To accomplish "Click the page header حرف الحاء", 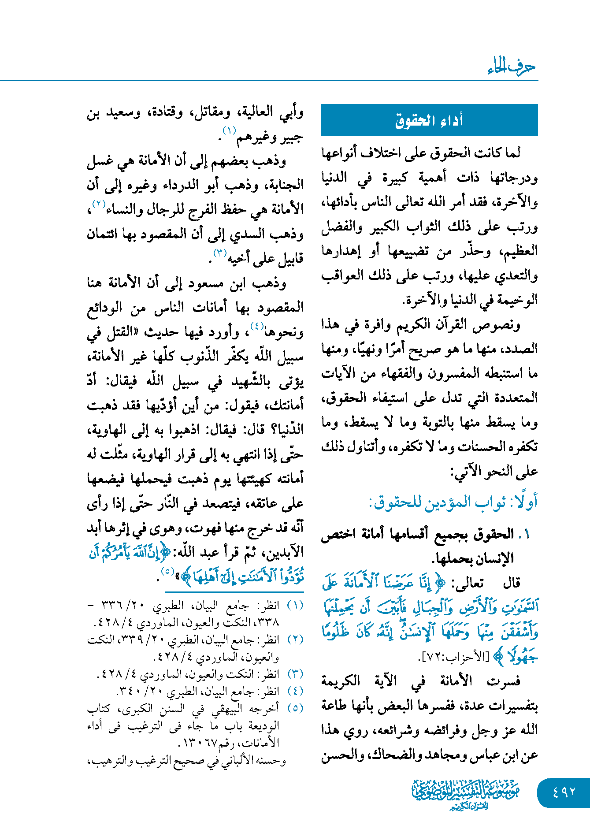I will pyautogui.click(x=512, y=67).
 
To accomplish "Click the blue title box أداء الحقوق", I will pyautogui.click(x=429, y=120).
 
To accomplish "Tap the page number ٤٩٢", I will pyautogui.click(x=564, y=792).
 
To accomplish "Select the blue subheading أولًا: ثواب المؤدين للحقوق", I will pyautogui.click(x=453, y=502).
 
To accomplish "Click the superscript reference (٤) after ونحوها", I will pyautogui.click(x=257, y=327).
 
